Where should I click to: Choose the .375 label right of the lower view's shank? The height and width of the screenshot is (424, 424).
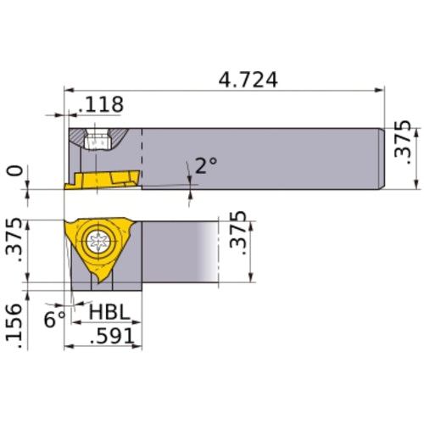pyautogui.click(x=239, y=240)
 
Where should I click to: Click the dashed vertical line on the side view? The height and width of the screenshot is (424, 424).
pyautogui.click(x=142, y=158)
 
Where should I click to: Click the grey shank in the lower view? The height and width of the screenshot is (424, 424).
pyautogui.click(x=178, y=250)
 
